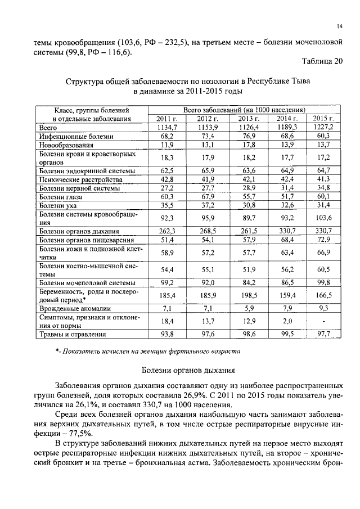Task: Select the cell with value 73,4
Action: coord(206,136)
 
